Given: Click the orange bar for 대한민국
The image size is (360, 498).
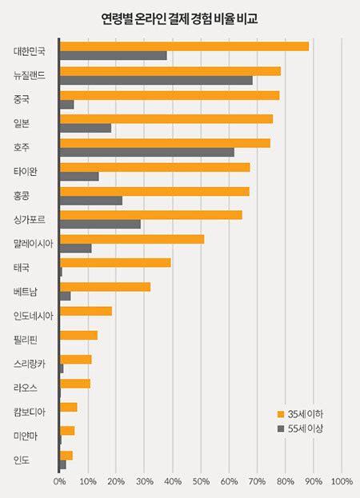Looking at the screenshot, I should pyautogui.click(x=184, y=46).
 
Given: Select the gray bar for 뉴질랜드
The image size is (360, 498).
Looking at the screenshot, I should pyautogui.click(x=156, y=80).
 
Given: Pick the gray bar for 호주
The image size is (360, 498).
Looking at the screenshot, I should pyautogui.click(x=147, y=152).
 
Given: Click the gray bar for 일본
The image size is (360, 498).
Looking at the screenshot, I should pyautogui.click(x=86, y=128).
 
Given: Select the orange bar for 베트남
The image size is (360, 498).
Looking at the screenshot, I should pyautogui.click(x=105, y=286).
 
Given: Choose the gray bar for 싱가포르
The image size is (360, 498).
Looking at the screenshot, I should pyautogui.click(x=100, y=224).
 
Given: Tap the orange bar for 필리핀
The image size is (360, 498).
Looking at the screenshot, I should pyautogui.click(x=78, y=335).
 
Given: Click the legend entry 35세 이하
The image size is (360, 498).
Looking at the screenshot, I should pyautogui.click(x=304, y=414).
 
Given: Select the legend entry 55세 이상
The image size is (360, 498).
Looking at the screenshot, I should pyautogui.click(x=304, y=429).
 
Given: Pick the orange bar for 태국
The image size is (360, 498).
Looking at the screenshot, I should pyautogui.click(x=115, y=263).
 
